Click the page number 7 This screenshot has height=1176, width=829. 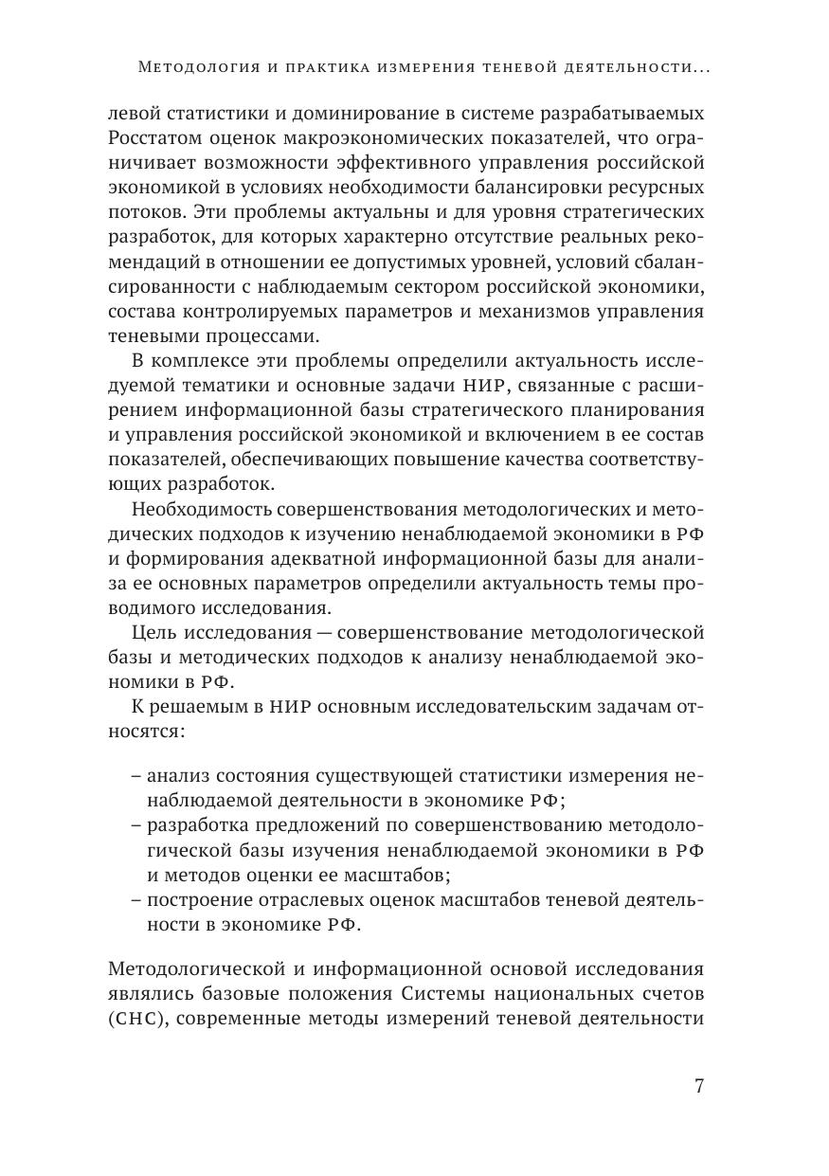(698, 1087)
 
